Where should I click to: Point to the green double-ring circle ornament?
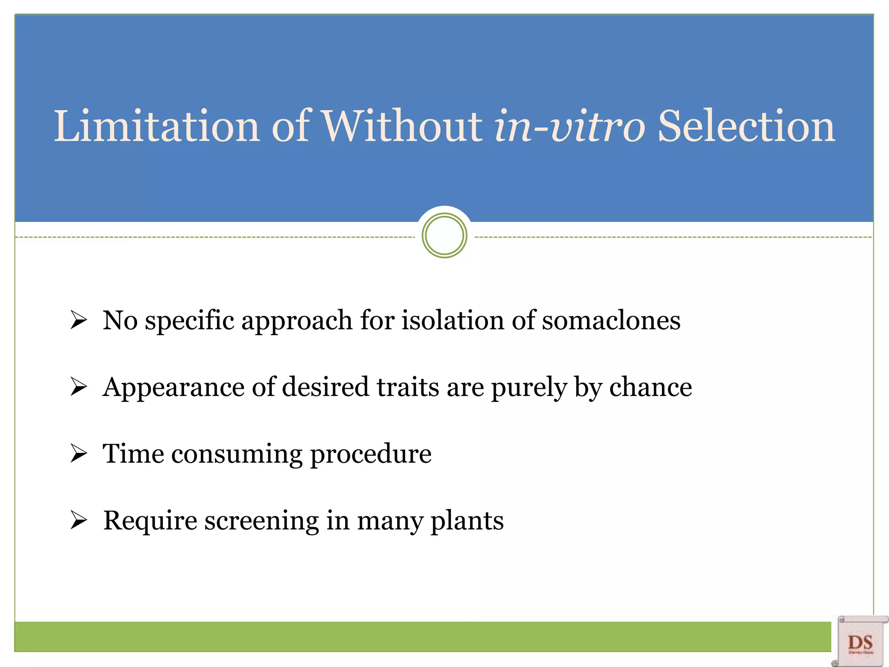tap(444, 236)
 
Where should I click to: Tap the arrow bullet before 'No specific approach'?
tap(79, 320)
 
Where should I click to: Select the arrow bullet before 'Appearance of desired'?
tap(79, 387)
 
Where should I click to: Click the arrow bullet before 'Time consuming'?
tap(79, 454)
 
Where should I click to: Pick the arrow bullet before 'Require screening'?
tap(79, 520)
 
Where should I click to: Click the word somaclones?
tap(611, 320)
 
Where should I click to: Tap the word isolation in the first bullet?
tap(453, 320)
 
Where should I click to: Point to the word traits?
tap(408, 387)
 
